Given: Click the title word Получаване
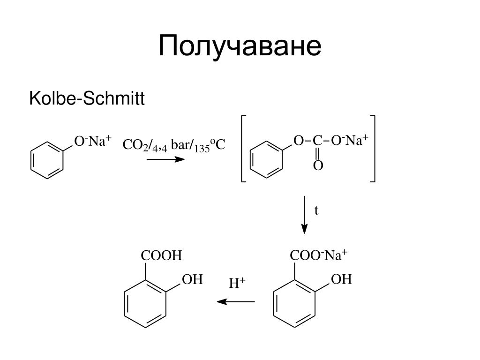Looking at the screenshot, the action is [x=240, y=46].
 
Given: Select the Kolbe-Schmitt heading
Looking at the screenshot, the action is [x=87, y=98].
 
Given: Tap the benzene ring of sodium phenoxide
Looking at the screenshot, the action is [x=31, y=160].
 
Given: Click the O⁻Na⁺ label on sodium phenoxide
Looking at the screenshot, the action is [x=93, y=141].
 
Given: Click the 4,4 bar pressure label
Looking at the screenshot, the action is [x=171, y=145].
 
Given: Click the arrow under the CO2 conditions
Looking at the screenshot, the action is [x=165, y=159].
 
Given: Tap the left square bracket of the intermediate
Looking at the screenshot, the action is [x=242, y=149].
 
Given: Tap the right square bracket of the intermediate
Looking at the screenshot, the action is [x=374, y=149].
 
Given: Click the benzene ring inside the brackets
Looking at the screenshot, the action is [x=250, y=159].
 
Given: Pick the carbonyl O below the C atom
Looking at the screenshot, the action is [x=318, y=165].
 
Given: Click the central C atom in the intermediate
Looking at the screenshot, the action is [x=317, y=141].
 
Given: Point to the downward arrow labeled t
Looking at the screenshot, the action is [x=304, y=215].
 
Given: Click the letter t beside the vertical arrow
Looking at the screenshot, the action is [x=316, y=210].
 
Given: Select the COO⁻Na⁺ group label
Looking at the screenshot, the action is [x=319, y=255].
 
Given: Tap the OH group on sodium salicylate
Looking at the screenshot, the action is [x=341, y=279].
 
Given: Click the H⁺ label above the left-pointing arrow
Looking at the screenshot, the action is [x=237, y=283].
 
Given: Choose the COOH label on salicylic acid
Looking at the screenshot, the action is [x=161, y=255].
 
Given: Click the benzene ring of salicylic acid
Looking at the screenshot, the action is [x=124, y=304].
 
